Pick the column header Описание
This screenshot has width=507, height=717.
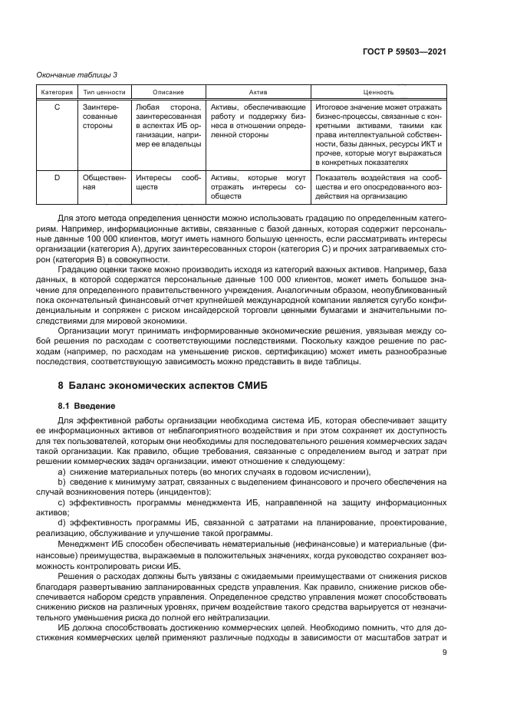click(x=168, y=91)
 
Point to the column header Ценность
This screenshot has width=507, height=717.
click(x=379, y=91)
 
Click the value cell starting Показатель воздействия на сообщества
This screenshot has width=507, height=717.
click(x=379, y=187)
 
